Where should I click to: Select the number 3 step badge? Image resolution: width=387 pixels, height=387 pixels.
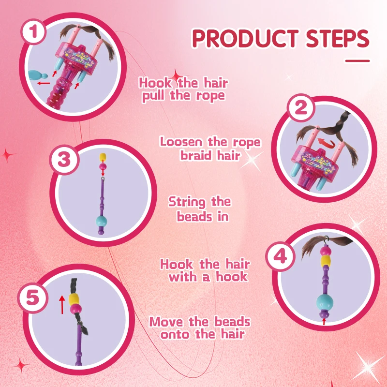[64, 160]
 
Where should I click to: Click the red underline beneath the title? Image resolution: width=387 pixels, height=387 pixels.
[357, 61]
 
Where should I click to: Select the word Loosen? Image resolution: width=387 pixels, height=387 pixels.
[180, 142]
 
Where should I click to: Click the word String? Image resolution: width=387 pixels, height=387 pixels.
[185, 202]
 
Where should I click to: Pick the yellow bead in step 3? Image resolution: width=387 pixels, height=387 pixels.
[103, 157]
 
